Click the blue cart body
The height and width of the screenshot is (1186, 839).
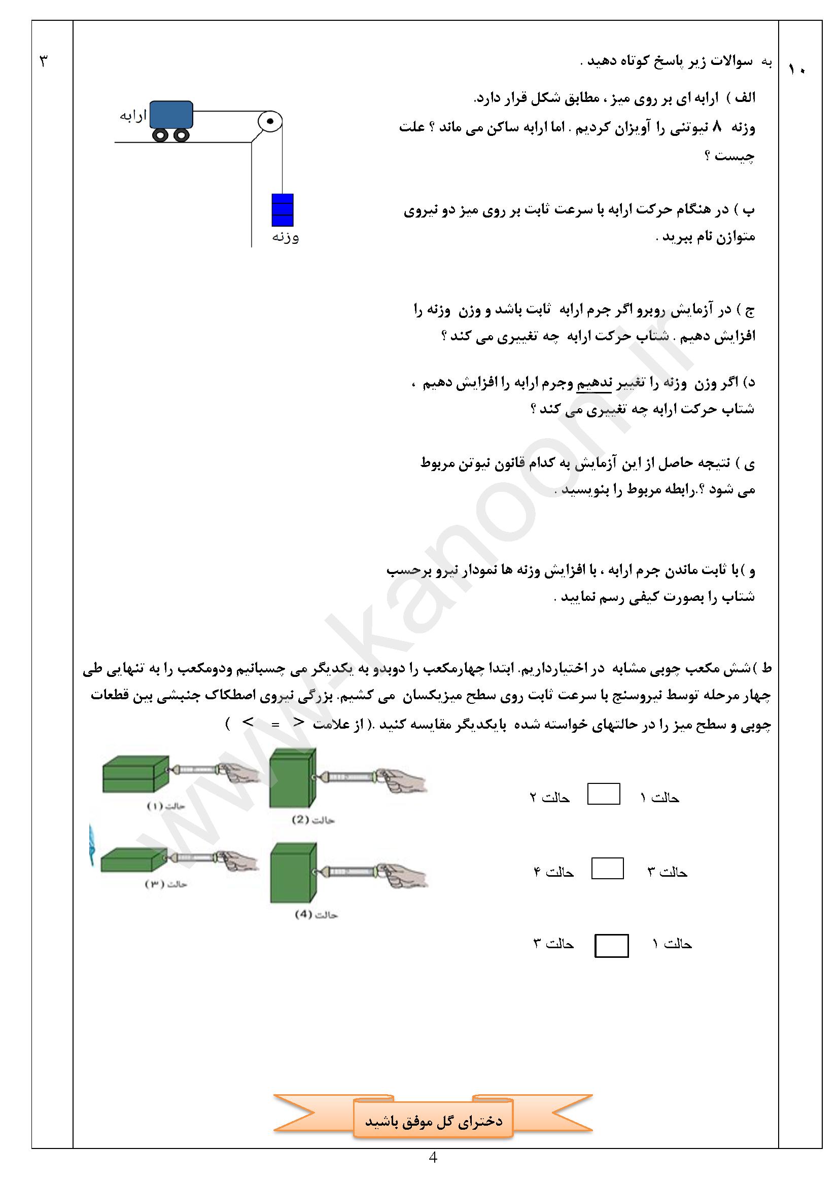point(171,114)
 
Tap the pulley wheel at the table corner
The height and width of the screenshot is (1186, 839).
point(270,122)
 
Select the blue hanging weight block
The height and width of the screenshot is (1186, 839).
point(282,210)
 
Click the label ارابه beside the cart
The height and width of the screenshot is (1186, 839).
point(133,116)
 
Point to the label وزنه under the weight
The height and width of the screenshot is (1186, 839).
point(285,238)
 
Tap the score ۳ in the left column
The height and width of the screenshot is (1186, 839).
point(44,61)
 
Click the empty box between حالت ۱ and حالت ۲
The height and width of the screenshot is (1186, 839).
point(604,794)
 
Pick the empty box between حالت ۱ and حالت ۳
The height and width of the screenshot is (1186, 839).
point(611,946)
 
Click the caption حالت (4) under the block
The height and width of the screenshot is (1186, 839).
point(316,915)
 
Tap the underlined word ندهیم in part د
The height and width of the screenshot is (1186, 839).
point(593,383)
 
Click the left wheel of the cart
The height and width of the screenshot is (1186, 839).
point(161,135)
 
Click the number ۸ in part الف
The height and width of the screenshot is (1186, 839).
point(717,127)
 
